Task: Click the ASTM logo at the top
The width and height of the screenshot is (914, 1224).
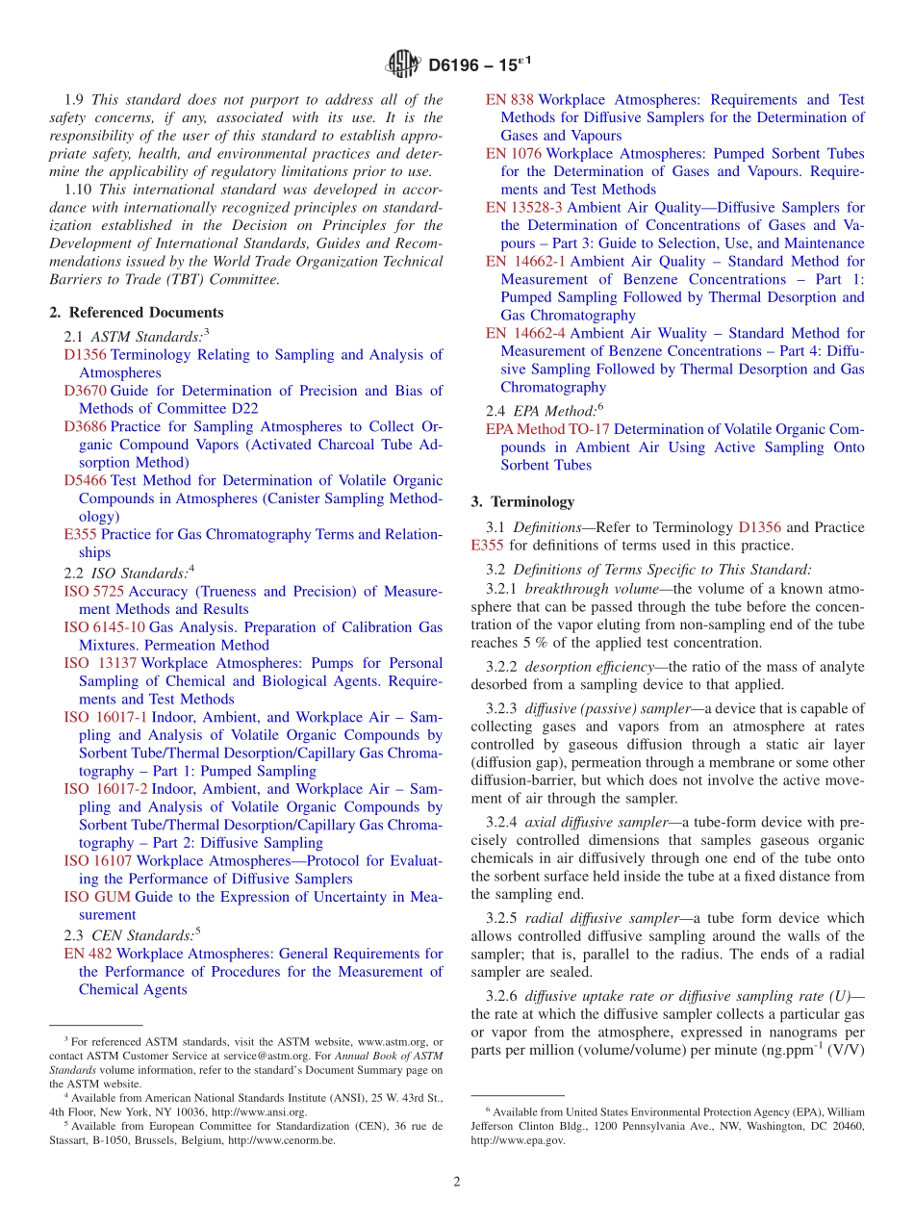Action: [403, 64]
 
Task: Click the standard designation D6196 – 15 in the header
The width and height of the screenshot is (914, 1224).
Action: [477, 64]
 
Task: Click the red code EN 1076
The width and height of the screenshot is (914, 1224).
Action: [513, 153]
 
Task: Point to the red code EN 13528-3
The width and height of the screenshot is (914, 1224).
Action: [524, 207]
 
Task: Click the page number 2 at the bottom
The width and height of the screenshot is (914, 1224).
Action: [457, 1182]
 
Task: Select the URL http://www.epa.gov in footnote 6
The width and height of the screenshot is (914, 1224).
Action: [519, 1140]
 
